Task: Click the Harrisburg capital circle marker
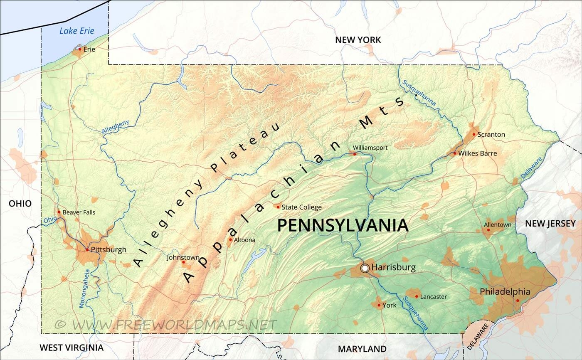click(x=365, y=268)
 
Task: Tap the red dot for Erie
click(x=80, y=49)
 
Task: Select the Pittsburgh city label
click(x=109, y=250)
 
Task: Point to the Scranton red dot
click(x=474, y=134)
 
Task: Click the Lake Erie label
click(x=77, y=31)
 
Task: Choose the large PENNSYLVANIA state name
click(x=343, y=225)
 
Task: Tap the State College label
click(x=301, y=207)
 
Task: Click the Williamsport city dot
click(x=355, y=154)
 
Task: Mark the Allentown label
click(x=498, y=224)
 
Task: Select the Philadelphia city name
click(x=505, y=291)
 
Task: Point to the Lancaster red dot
click(x=417, y=296)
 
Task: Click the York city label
click(x=390, y=305)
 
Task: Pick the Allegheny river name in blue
click(x=116, y=127)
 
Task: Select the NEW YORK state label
click(x=358, y=40)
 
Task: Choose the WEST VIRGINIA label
click(x=72, y=347)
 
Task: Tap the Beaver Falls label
click(x=79, y=212)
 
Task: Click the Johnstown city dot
click(x=183, y=262)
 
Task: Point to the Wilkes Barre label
click(x=478, y=153)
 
